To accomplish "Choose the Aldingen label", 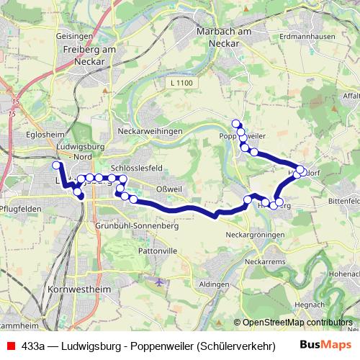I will tap(214, 284).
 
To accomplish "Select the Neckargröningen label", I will tap(253, 235).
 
